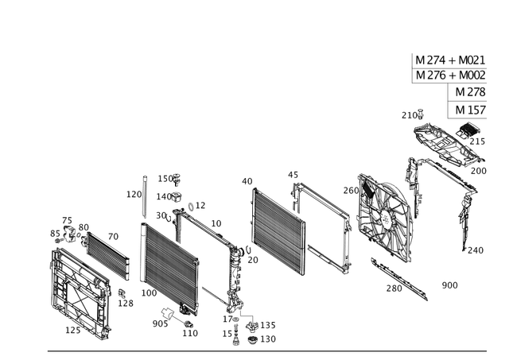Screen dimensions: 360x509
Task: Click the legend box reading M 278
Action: (470, 93)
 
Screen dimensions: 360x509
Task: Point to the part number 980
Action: (450, 283)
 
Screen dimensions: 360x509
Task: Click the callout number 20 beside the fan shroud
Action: (347, 190)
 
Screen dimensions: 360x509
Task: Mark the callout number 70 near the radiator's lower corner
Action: (253, 260)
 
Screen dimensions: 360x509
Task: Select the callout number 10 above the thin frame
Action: (291, 172)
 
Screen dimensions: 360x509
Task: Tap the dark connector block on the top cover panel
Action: (472, 130)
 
